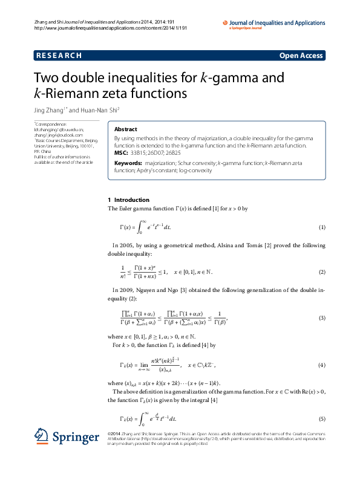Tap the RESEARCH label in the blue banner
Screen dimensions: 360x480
coord(59,56)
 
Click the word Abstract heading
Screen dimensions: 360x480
coord(126,129)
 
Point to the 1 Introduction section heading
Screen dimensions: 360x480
coord(128,200)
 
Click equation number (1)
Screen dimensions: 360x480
coord(322,227)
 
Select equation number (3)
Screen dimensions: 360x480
coord(322,318)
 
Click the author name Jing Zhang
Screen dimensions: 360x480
coord(50,110)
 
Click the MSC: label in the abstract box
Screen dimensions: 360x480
coord(121,153)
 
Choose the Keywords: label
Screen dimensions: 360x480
coord(128,163)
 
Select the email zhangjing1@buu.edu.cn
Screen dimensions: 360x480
coord(59,129)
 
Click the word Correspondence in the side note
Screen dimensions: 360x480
coord(51,125)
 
